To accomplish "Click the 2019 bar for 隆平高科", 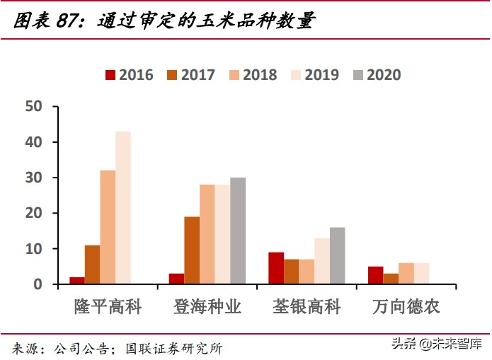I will pos(123,208).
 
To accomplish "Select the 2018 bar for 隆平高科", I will pos(108,227).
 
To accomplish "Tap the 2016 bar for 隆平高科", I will pos(77,281).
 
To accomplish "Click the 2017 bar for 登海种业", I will pos(192,250).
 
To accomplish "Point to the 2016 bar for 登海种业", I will pos(176,279).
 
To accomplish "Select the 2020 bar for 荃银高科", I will pos(337,255).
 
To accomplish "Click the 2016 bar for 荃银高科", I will pos(276,268).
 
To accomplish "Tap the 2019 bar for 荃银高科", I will pos(322,261).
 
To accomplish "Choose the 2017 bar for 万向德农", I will pos(391,279).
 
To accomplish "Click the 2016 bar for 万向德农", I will pos(376,275).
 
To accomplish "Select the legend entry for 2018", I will pos(252,75).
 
